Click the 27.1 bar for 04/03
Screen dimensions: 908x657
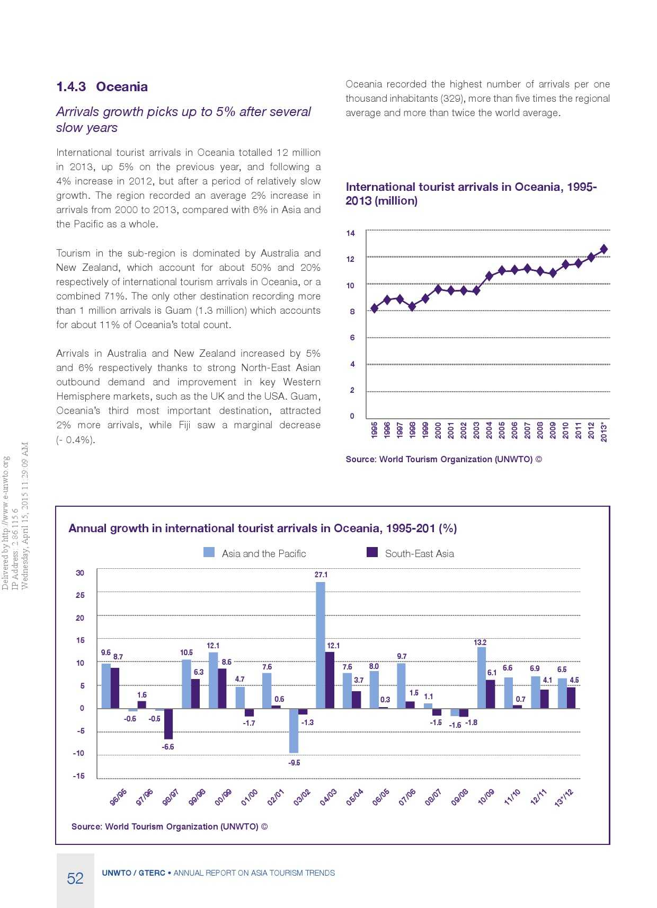tap(321, 645)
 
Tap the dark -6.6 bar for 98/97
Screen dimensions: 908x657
tap(168, 724)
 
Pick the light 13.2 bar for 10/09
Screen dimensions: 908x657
tap(482, 677)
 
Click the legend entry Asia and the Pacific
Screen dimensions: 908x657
tap(255, 553)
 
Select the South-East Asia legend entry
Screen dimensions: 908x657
tap(410, 553)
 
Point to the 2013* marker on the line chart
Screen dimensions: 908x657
tap(603, 249)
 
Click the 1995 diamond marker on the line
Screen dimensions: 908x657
tap(375, 308)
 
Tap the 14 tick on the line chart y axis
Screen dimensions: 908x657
tap(351, 233)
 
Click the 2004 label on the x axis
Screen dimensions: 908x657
tap(489, 429)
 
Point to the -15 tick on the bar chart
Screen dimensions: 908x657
tap(79, 776)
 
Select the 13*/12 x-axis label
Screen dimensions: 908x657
tap(564, 798)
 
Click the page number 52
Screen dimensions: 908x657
tap(75, 878)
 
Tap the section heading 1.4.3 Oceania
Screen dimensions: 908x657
tap(102, 87)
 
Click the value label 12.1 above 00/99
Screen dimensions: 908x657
tap(213, 646)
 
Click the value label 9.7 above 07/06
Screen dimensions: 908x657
tap(402, 656)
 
